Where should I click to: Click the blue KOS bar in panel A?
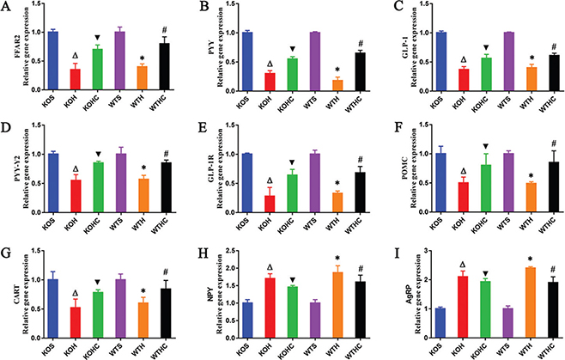tap(52, 59)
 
